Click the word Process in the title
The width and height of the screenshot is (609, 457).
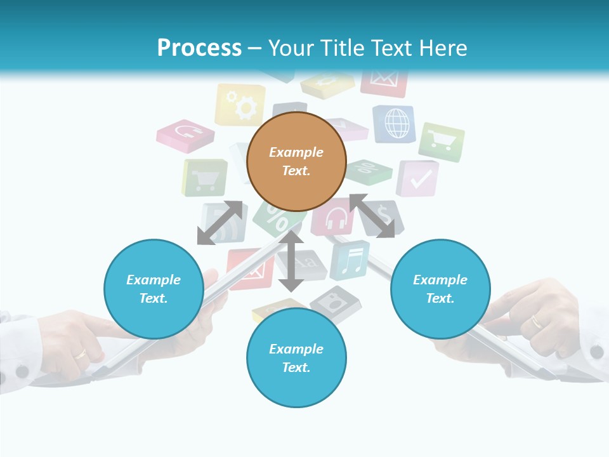click(199, 48)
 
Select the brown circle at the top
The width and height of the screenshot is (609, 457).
click(296, 161)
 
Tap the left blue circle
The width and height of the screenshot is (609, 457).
click(154, 289)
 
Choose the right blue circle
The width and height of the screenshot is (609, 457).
click(440, 289)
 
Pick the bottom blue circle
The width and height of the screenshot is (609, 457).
click(296, 358)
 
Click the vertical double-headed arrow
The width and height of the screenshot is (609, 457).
click(291, 261)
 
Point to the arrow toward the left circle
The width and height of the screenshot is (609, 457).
click(219, 223)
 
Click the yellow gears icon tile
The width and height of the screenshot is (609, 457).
click(240, 105)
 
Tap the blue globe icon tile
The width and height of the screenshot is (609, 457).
click(395, 123)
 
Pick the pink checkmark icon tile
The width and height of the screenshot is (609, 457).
click(418, 178)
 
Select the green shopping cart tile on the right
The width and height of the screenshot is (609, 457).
click(442, 142)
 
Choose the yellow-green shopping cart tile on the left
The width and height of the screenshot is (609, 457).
click(205, 178)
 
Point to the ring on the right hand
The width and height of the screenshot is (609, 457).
click(537, 322)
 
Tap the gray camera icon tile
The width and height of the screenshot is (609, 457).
click(336, 303)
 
